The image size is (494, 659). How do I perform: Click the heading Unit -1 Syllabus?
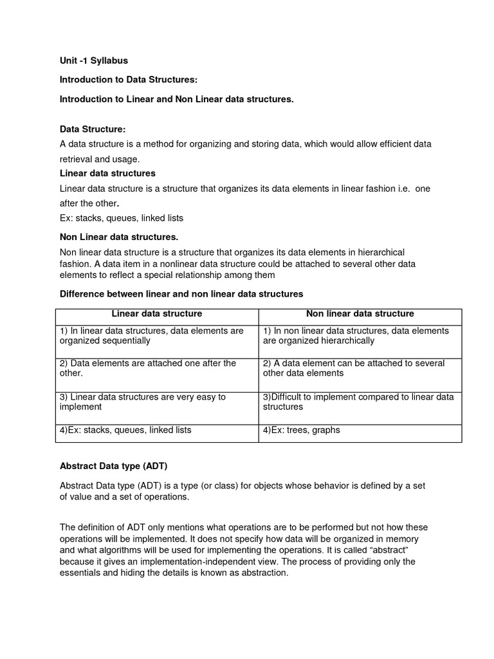click(x=94, y=60)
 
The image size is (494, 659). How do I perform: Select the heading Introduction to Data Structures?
click(x=129, y=80)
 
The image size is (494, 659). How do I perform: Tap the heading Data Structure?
click(x=93, y=129)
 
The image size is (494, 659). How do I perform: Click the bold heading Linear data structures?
click(x=107, y=173)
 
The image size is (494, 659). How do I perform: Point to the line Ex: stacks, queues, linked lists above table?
click(x=122, y=218)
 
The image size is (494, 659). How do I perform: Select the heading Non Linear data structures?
click(x=119, y=237)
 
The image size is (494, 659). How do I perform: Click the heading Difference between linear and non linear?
click(x=181, y=293)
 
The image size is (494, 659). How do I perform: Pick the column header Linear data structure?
click(x=157, y=314)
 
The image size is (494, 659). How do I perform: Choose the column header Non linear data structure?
click(x=360, y=314)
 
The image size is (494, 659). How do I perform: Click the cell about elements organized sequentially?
click(x=152, y=335)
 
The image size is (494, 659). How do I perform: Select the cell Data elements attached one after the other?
click(x=148, y=368)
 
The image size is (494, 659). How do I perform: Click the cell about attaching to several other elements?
click(x=354, y=368)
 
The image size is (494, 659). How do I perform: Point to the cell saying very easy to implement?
click(x=143, y=402)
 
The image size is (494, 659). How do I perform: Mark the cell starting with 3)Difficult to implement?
click(x=358, y=402)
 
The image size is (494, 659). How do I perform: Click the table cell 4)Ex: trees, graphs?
click(x=302, y=430)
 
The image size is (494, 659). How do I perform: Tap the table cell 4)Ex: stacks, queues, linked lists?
click(x=125, y=430)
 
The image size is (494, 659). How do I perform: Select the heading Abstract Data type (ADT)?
click(x=113, y=466)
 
